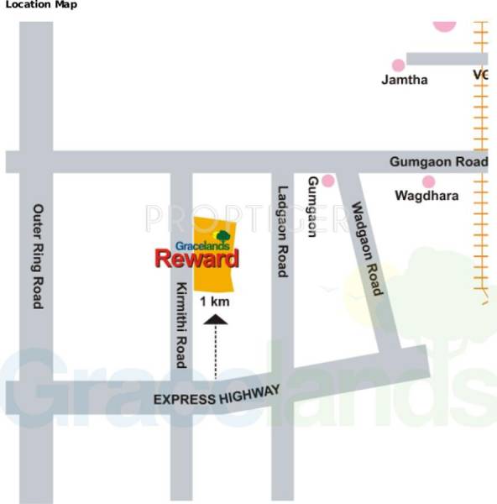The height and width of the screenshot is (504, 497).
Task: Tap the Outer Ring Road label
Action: click(x=37, y=255)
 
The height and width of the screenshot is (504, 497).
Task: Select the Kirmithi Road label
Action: click(x=180, y=324)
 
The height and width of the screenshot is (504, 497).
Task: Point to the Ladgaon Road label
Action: click(x=283, y=231)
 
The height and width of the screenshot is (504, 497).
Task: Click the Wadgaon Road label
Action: click(x=367, y=248)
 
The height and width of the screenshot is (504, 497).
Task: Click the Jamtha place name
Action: click(x=405, y=80)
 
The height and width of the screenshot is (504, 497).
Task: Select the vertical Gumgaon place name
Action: click(x=312, y=206)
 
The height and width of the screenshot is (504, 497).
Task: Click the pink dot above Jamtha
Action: click(x=398, y=65)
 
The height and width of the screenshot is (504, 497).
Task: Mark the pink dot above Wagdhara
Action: click(x=428, y=181)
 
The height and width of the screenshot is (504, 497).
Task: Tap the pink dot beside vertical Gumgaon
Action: click(x=327, y=181)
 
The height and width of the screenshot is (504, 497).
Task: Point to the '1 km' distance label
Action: click(x=214, y=300)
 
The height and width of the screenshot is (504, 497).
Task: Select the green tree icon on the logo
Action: click(x=222, y=236)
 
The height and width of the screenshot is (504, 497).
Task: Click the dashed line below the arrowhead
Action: click(x=216, y=353)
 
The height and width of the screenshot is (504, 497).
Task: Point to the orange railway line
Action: click(x=481, y=168)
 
